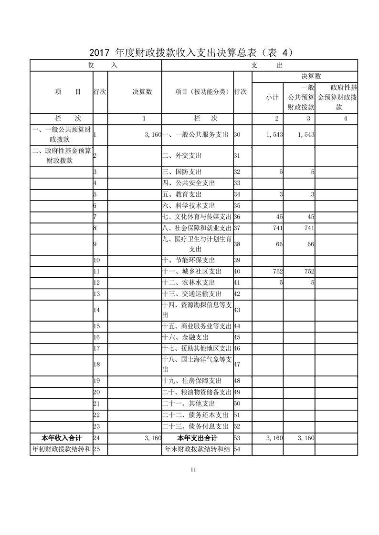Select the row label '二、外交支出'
(x=182, y=156)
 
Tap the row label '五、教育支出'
(x=182, y=194)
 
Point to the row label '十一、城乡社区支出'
(x=192, y=272)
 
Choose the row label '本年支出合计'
(x=197, y=438)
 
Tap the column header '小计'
(x=272, y=97)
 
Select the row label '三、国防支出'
(x=182, y=172)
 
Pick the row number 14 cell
(x=96, y=310)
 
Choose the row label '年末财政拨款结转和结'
(x=197, y=449)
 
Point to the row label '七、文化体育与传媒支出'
(x=197, y=217)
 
